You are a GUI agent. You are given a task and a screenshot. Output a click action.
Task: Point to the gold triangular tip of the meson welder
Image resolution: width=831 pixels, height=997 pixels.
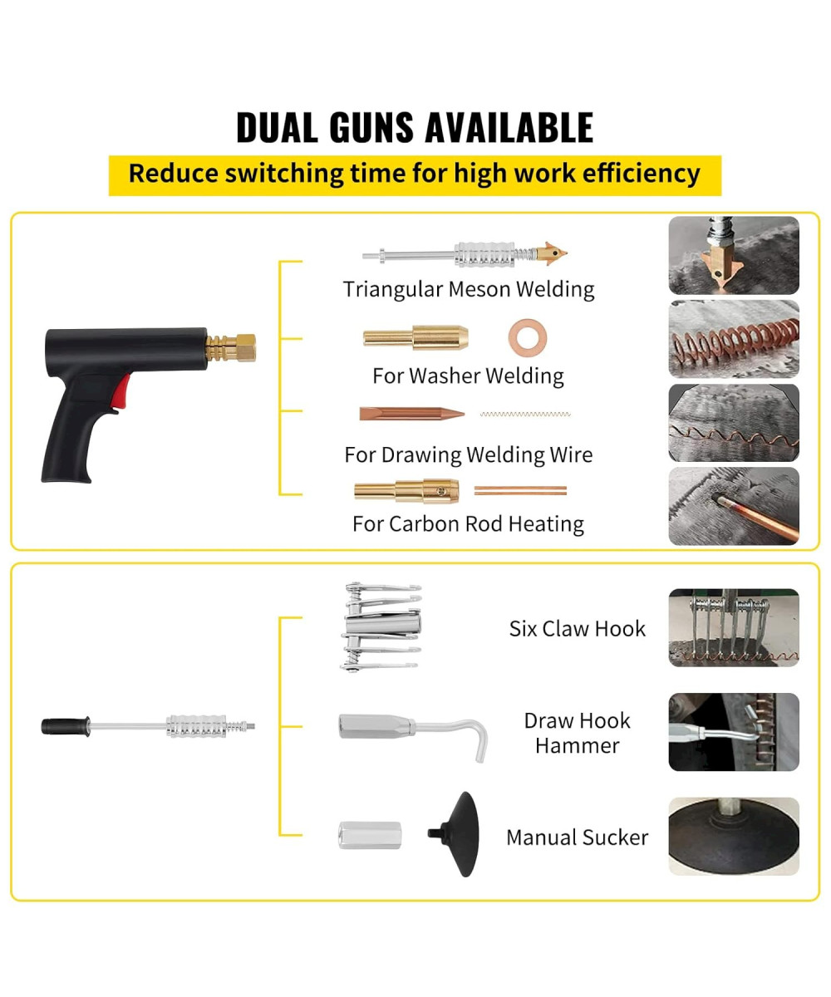pyautogui.click(x=553, y=252)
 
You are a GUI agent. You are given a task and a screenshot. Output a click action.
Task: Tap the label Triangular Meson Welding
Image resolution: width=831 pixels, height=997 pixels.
pyautogui.click(x=469, y=289)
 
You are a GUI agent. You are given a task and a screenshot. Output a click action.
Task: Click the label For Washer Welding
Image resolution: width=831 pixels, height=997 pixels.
pyautogui.click(x=468, y=376)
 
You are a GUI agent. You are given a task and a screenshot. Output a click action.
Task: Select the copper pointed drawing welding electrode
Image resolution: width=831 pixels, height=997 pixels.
pyautogui.click(x=411, y=413)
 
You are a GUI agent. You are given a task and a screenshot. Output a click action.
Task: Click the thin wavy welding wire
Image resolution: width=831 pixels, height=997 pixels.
pyautogui.click(x=526, y=414)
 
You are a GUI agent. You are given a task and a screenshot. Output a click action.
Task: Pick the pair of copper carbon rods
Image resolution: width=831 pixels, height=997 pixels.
pyautogui.click(x=520, y=490)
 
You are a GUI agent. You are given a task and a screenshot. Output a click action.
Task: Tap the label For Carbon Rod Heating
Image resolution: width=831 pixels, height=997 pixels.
pyautogui.click(x=468, y=524)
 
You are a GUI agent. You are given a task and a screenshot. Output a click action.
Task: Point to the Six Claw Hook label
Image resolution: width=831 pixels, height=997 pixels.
pyautogui.click(x=577, y=629)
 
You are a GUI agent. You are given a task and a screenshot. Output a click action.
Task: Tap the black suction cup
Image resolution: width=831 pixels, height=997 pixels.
pyautogui.click(x=461, y=833)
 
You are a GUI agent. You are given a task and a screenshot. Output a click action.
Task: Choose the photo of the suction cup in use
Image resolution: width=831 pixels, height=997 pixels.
pyautogui.click(x=733, y=836)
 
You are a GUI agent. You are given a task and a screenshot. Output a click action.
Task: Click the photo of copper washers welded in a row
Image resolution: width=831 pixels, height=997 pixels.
pyautogui.click(x=733, y=339)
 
